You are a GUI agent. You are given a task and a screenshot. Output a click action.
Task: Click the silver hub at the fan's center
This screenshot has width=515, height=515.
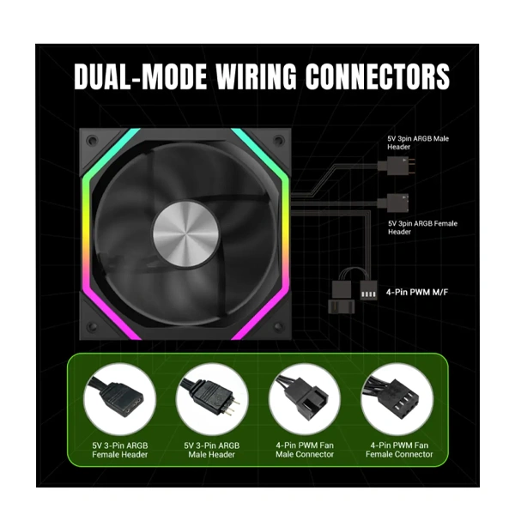(185, 234)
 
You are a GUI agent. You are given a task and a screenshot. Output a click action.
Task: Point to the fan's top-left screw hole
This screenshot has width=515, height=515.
(92, 141)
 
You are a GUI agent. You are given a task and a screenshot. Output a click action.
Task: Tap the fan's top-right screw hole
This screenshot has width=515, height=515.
(279, 141)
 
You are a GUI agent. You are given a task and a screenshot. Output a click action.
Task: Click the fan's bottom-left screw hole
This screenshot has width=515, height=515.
(92, 327)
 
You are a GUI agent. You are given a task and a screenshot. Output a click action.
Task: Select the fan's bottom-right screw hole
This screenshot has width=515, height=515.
(279, 327)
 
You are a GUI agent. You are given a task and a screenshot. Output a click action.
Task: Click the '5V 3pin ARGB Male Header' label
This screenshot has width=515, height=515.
(418, 142)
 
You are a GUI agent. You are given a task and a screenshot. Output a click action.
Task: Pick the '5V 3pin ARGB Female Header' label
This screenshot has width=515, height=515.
(422, 227)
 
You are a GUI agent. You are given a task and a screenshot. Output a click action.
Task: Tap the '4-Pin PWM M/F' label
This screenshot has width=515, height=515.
(417, 292)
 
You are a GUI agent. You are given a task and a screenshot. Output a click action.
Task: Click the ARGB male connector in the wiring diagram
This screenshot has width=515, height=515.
(397, 166)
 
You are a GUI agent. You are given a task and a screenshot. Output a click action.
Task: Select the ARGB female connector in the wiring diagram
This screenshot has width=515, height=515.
(393, 203)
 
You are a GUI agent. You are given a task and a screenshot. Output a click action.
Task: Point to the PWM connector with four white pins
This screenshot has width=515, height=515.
(368, 291)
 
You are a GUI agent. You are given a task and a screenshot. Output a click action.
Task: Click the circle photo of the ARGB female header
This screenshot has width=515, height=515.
(120, 399)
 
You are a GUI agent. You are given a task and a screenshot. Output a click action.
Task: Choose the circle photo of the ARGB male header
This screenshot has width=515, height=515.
(212, 399)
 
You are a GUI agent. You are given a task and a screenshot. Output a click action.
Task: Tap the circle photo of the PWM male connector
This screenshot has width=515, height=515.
(305, 399)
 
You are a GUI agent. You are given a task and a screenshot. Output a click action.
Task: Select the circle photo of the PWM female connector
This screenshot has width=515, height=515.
(397, 399)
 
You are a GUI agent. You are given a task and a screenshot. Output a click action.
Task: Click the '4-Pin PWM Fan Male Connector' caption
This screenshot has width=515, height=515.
(305, 450)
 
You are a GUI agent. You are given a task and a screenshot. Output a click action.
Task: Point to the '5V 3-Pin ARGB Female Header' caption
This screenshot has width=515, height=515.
(120, 450)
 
